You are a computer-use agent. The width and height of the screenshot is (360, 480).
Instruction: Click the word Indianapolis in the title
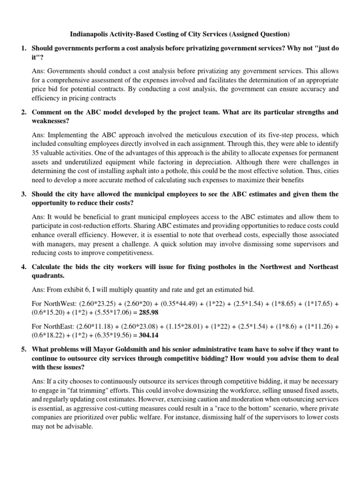pyautogui.click(x=90, y=34)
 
